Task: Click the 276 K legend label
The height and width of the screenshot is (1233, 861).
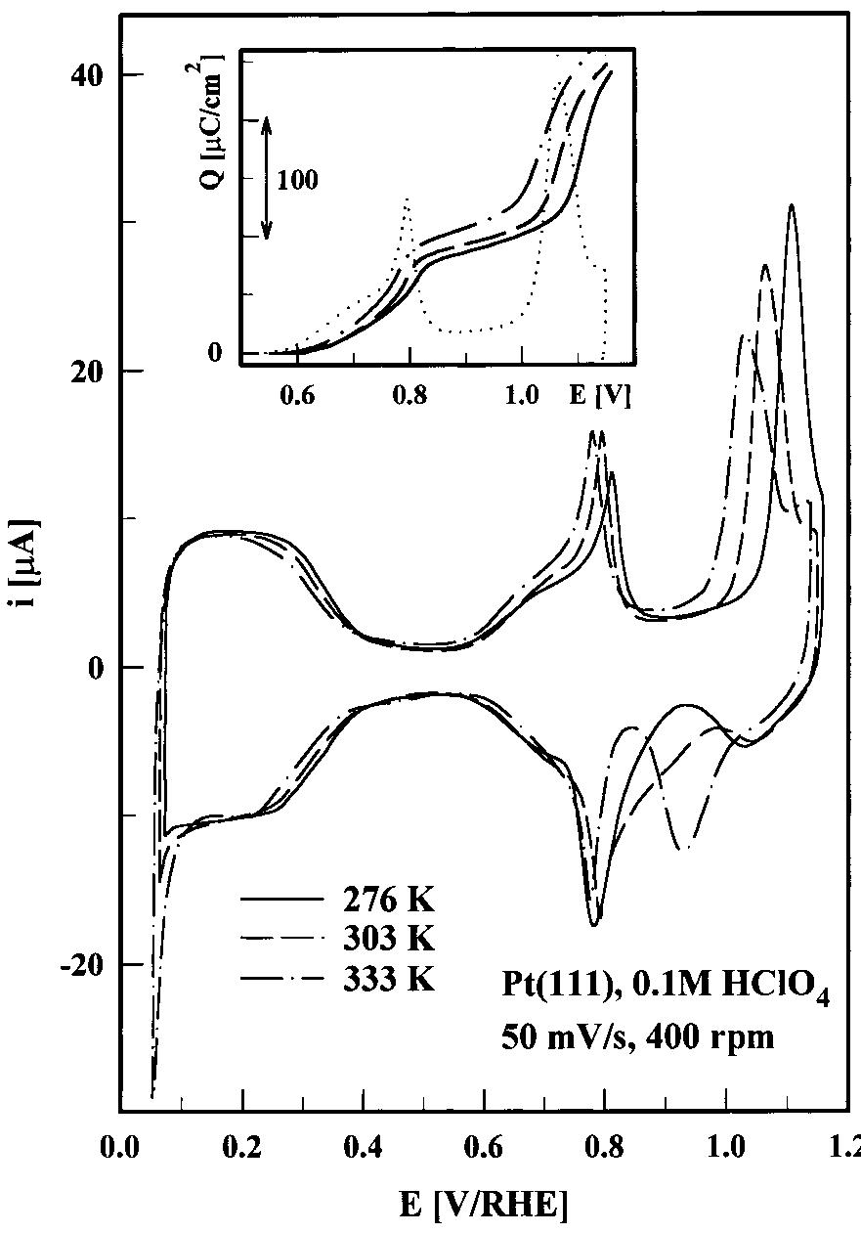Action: click(x=387, y=899)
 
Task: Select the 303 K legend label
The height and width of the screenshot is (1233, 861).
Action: click(x=387, y=938)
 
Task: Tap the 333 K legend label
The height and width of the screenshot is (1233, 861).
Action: click(x=387, y=977)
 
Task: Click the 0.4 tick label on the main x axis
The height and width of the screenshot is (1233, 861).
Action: click(x=363, y=1145)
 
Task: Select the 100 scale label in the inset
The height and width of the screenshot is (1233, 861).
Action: click(x=297, y=180)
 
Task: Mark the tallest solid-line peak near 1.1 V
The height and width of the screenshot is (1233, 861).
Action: click(x=791, y=206)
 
